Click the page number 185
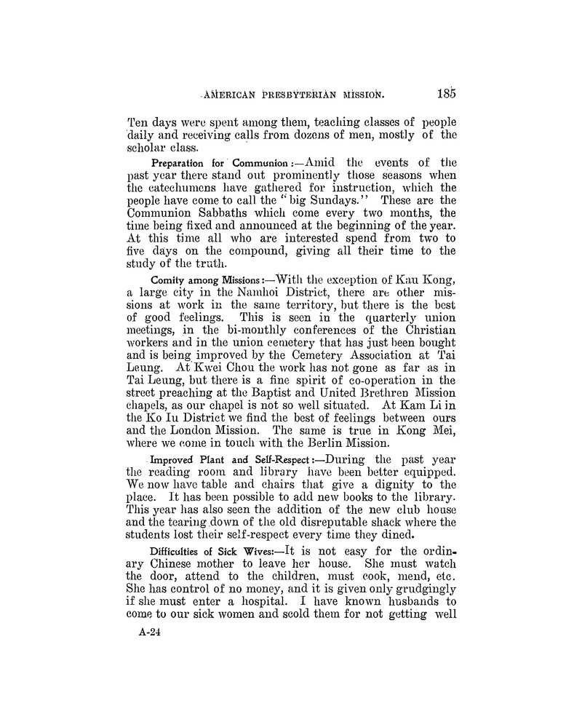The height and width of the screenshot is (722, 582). [x=442, y=92]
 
